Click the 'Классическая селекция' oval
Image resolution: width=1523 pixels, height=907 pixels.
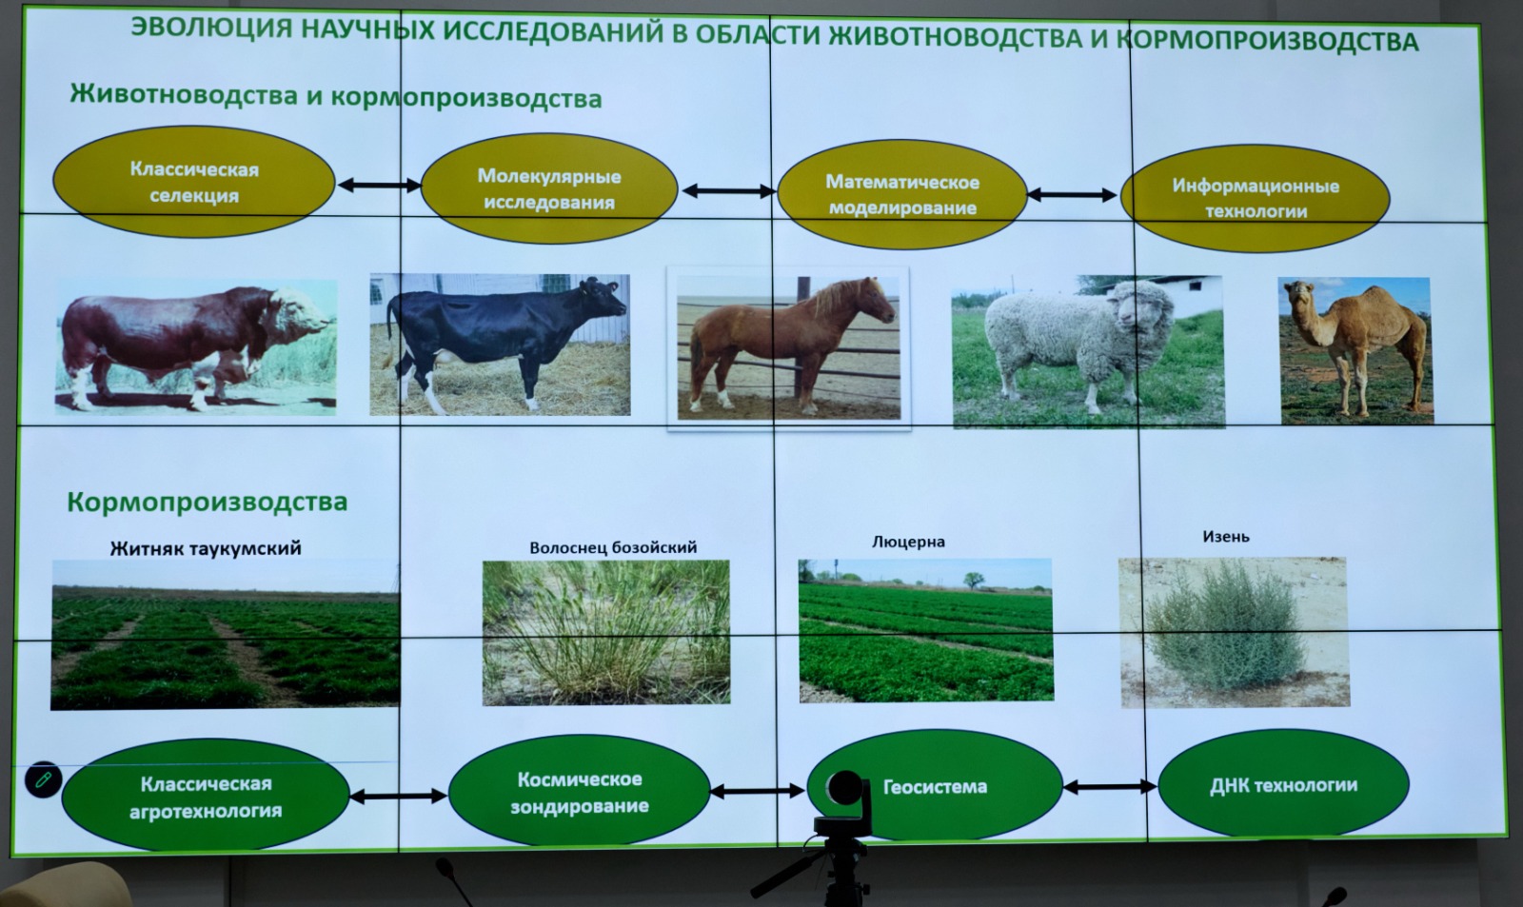coord(194,182)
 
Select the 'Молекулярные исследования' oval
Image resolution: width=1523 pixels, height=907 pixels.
coord(549,188)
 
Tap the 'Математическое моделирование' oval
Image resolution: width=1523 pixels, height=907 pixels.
coord(902,194)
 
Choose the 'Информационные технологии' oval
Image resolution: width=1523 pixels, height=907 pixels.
coord(1256,198)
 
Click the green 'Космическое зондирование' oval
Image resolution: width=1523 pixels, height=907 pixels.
coord(580,792)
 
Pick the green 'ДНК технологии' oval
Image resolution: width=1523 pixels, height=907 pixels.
coord(1284,785)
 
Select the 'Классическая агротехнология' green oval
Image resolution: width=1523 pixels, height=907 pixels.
coord(206,797)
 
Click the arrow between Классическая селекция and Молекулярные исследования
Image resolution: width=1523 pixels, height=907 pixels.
coord(380,185)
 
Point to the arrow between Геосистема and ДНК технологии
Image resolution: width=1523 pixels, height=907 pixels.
coord(1110,787)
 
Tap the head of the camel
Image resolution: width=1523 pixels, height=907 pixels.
coord(1299,294)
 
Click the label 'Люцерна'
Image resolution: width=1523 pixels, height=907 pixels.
coord(908,542)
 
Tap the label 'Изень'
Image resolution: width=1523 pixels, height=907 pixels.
coord(1226,537)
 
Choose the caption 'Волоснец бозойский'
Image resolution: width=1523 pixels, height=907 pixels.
coord(613,547)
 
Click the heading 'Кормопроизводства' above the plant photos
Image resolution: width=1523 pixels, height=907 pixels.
coord(208,502)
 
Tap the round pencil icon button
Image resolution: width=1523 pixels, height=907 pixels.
coord(44,779)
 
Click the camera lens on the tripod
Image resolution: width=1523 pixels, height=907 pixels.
coord(846,790)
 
